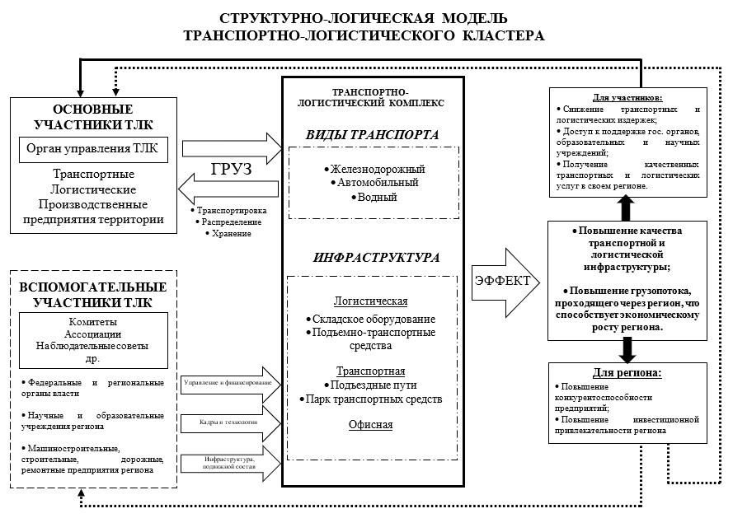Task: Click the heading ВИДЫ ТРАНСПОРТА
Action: click(x=373, y=134)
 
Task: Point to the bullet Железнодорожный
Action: click(x=373, y=168)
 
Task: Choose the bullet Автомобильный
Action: click(x=373, y=182)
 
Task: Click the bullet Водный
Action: click(x=374, y=197)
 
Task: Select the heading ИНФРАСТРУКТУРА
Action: click(x=376, y=257)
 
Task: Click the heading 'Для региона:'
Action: click(x=627, y=372)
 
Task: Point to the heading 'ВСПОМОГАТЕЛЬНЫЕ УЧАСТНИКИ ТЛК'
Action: click(x=92, y=294)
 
